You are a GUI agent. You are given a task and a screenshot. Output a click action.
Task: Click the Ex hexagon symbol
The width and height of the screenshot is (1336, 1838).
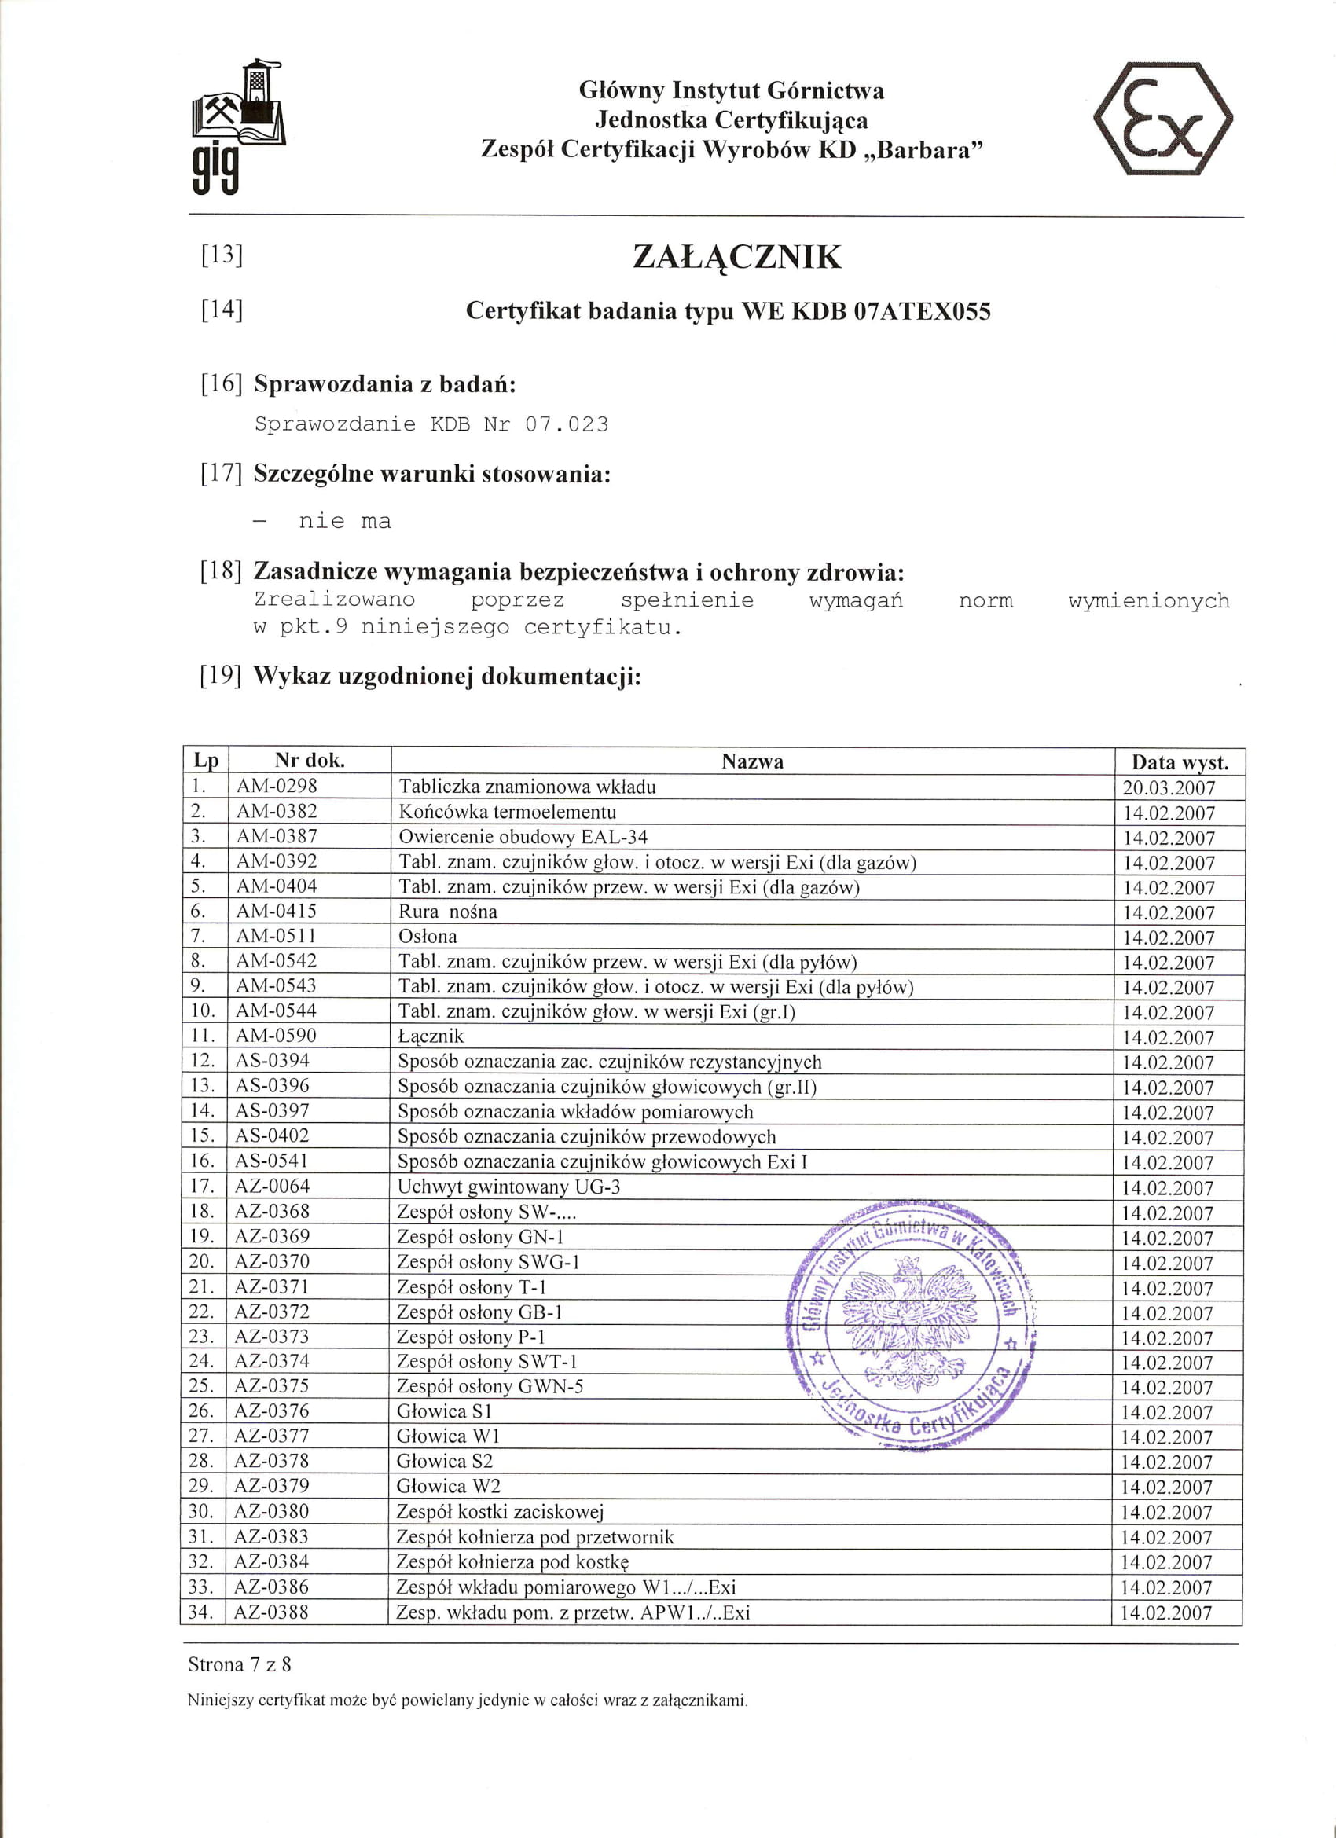click(x=1162, y=119)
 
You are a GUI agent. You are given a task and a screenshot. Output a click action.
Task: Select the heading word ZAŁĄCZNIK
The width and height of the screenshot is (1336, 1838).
click(x=736, y=257)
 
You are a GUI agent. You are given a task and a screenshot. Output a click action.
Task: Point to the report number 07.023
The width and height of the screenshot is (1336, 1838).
click(x=566, y=424)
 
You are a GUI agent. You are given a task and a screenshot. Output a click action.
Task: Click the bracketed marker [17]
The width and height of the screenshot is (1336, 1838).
click(x=222, y=473)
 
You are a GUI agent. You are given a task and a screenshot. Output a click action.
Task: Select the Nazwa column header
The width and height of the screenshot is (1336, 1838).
click(x=752, y=761)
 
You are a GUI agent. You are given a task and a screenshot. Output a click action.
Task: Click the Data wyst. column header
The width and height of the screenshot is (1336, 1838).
click(x=1180, y=761)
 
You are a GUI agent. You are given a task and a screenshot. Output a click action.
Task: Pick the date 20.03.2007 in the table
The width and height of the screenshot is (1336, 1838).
click(x=1168, y=787)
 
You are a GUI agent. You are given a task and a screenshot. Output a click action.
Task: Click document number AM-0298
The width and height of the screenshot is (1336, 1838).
click(x=277, y=786)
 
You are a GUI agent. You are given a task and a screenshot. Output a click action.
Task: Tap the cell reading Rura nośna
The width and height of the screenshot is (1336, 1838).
click(x=447, y=912)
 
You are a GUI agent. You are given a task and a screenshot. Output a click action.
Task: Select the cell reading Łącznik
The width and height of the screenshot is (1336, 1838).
click(x=431, y=1036)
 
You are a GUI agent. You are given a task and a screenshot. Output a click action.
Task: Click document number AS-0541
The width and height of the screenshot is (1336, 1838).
click(x=272, y=1161)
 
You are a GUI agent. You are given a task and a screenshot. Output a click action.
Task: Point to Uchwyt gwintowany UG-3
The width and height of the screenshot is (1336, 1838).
click(x=508, y=1187)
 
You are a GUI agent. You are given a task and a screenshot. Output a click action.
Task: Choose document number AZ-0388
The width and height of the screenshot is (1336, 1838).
click(x=271, y=1612)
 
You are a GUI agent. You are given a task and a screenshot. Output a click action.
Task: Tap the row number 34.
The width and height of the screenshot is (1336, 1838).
click(x=201, y=1612)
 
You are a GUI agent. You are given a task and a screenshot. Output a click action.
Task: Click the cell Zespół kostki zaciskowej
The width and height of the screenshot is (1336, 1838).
click(x=499, y=1511)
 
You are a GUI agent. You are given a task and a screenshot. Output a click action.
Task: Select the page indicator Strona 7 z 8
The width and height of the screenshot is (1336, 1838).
click(x=239, y=1664)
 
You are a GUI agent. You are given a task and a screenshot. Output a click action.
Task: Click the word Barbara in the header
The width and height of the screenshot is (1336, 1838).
click(x=930, y=150)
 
